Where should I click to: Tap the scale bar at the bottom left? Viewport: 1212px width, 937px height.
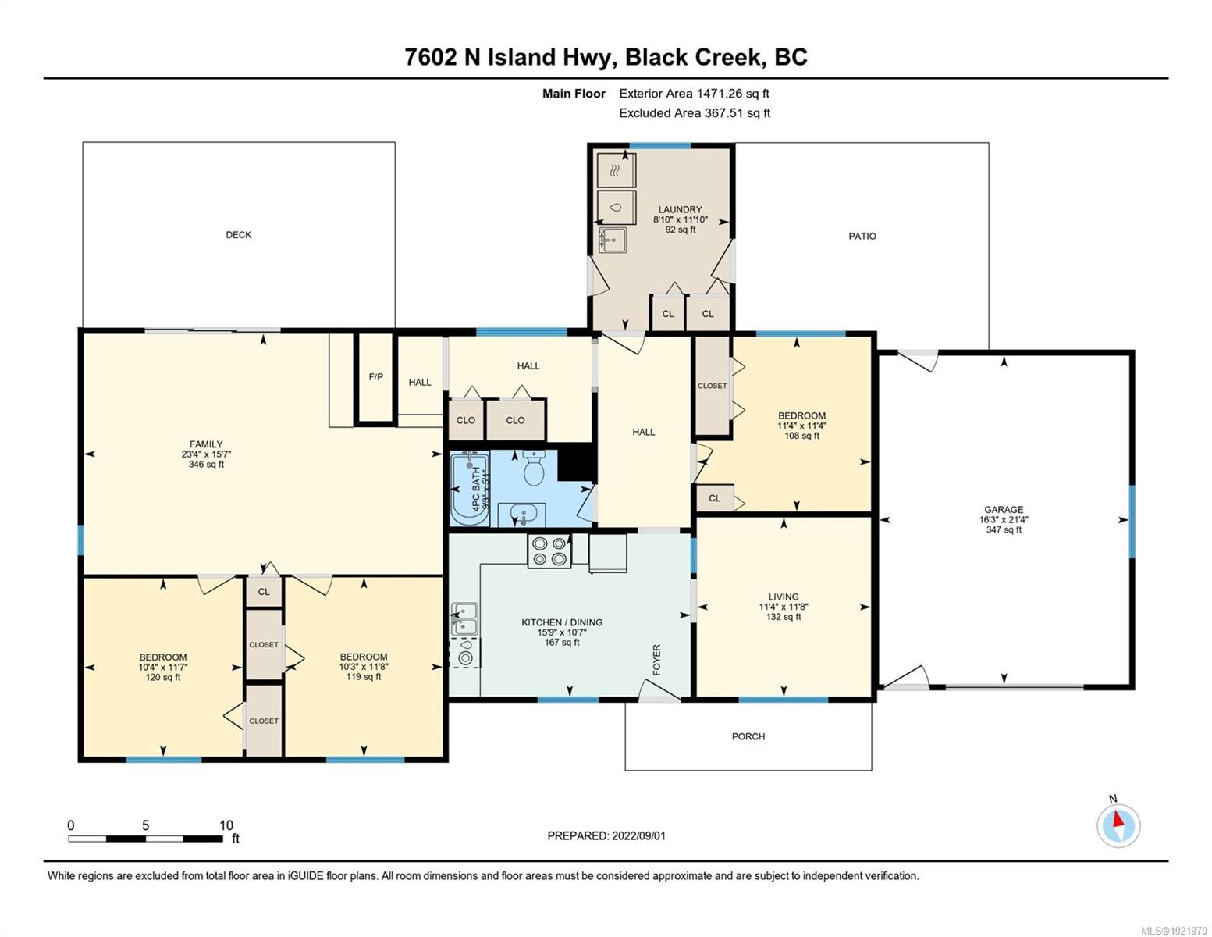point(145,839)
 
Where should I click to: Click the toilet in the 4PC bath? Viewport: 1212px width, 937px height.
point(535,468)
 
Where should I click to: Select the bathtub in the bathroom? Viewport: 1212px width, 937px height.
point(470,489)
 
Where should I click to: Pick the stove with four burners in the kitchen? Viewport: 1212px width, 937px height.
point(548,551)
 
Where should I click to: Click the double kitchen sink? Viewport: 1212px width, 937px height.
point(464,617)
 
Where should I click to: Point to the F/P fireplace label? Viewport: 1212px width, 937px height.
point(375,377)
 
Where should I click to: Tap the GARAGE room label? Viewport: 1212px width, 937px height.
point(1004,509)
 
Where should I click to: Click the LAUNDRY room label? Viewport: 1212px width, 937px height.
point(680,209)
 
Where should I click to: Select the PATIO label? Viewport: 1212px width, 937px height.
point(862,236)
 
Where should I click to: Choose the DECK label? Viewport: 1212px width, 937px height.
point(239,235)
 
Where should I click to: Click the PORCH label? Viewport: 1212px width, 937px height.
point(748,736)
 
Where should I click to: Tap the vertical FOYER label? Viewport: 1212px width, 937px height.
point(656,660)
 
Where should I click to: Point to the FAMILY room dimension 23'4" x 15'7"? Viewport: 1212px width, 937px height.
point(206,454)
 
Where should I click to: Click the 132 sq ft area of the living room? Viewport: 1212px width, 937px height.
point(784,617)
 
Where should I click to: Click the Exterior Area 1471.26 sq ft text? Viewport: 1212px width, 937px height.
point(694,94)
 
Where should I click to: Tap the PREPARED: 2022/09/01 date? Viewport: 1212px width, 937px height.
point(606,835)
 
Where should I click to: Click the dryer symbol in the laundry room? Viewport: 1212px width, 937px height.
point(616,169)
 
